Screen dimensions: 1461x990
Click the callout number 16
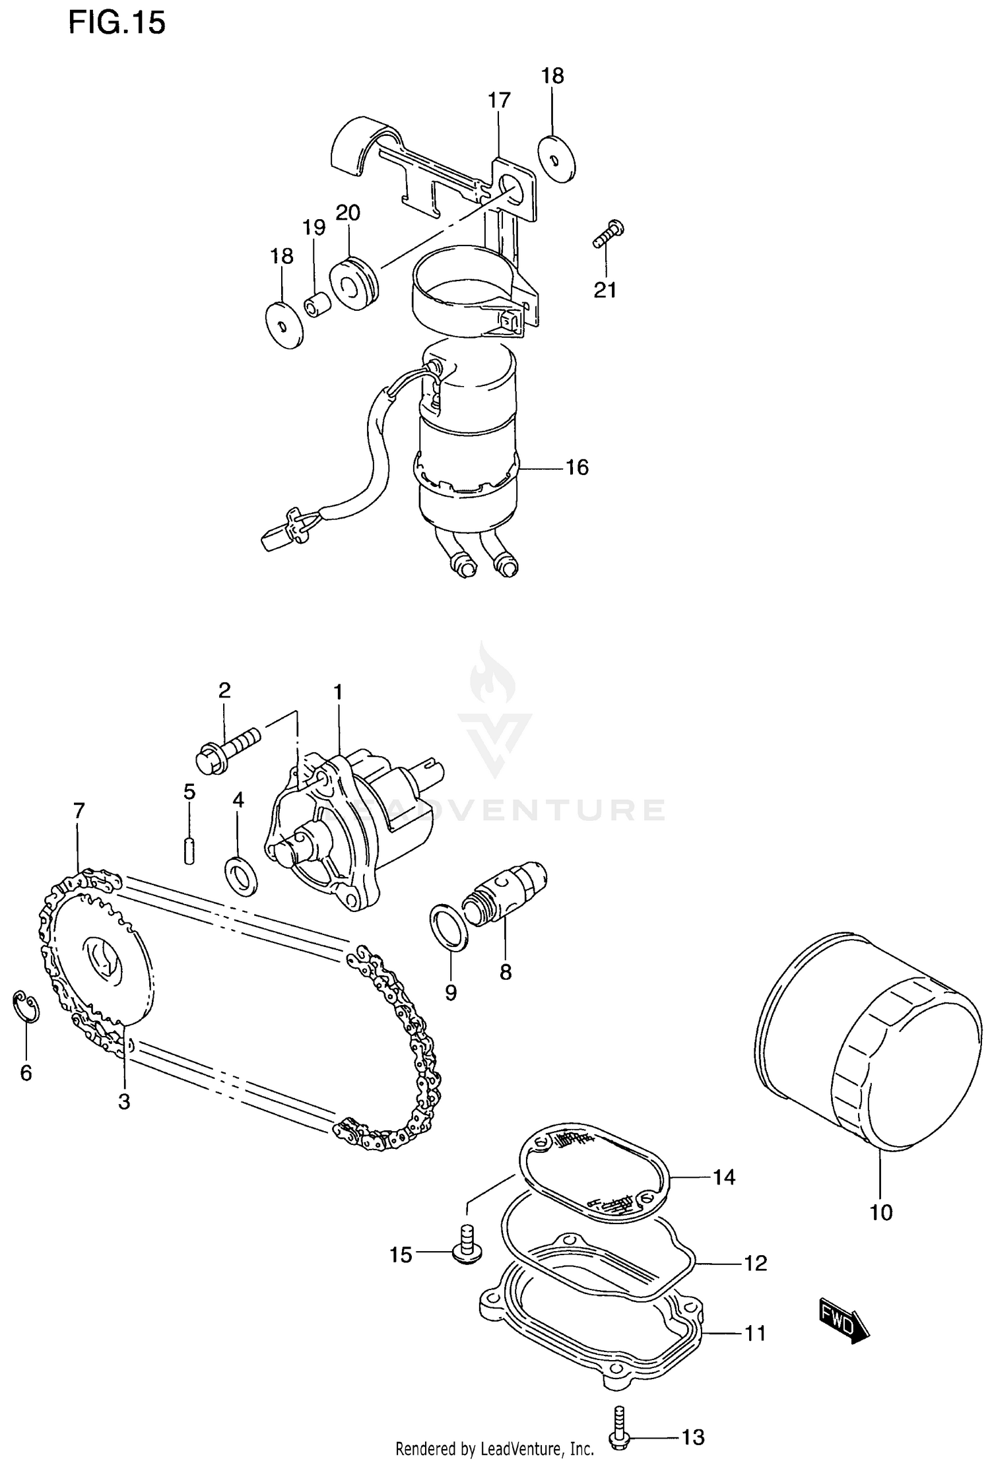point(577,467)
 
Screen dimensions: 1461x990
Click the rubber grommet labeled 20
point(356,283)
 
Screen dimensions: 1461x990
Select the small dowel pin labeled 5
point(189,850)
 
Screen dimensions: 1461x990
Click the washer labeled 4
point(242,876)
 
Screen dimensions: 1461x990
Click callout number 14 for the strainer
point(724,1177)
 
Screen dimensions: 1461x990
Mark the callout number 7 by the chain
point(79,810)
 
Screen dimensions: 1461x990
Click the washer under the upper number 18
point(556,158)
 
